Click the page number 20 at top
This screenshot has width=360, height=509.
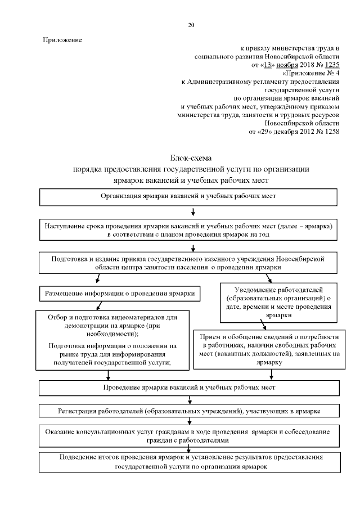coord(191,25)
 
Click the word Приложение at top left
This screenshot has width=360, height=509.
coord(62,40)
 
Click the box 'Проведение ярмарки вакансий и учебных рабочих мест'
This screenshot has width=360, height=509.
coord(188,388)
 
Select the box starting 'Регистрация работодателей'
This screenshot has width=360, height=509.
coord(188,411)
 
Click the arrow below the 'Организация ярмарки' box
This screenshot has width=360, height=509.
coord(193,213)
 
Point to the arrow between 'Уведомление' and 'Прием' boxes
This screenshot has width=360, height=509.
coord(264,325)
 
